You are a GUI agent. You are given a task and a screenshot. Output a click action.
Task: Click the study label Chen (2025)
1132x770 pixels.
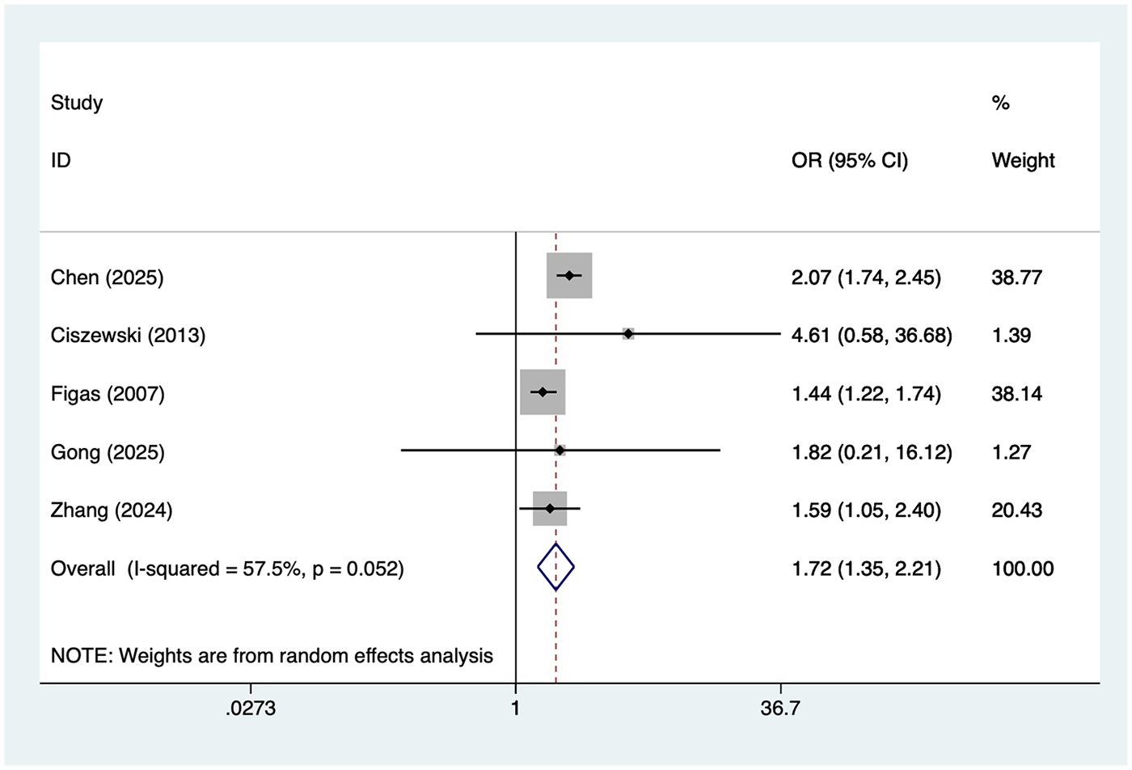point(107,277)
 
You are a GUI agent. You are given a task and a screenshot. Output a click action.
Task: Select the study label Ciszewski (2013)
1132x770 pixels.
point(128,335)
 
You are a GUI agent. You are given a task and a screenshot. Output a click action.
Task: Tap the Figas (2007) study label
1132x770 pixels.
point(107,394)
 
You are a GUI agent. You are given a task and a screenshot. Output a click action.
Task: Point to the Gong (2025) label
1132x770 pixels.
point(107,452)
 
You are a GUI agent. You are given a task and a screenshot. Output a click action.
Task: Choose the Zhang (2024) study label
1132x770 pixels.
point(111,510)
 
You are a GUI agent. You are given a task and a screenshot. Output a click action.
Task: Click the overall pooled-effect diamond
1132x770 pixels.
point(556,568)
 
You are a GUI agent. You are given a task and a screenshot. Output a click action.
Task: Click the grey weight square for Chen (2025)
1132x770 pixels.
point(569,276)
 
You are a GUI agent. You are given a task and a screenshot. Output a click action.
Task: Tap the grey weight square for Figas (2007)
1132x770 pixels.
point(543,392)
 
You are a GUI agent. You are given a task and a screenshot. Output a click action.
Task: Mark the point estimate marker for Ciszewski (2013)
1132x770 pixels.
point(628,333)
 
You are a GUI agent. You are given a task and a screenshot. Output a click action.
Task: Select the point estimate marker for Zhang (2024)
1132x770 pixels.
point(550,509)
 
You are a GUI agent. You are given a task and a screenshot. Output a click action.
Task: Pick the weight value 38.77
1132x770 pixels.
point(1016,277)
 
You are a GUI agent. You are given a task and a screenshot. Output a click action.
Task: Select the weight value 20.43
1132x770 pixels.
point(1016,510)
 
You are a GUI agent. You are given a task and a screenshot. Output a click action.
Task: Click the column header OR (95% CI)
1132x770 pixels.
point(849,160)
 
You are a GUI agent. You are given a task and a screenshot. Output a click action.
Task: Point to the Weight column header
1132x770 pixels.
point(1023,160)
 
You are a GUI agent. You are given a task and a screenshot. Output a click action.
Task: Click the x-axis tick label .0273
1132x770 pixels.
point(251,709)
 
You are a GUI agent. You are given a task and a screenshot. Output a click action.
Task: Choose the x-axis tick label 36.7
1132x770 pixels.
point(780,709)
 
